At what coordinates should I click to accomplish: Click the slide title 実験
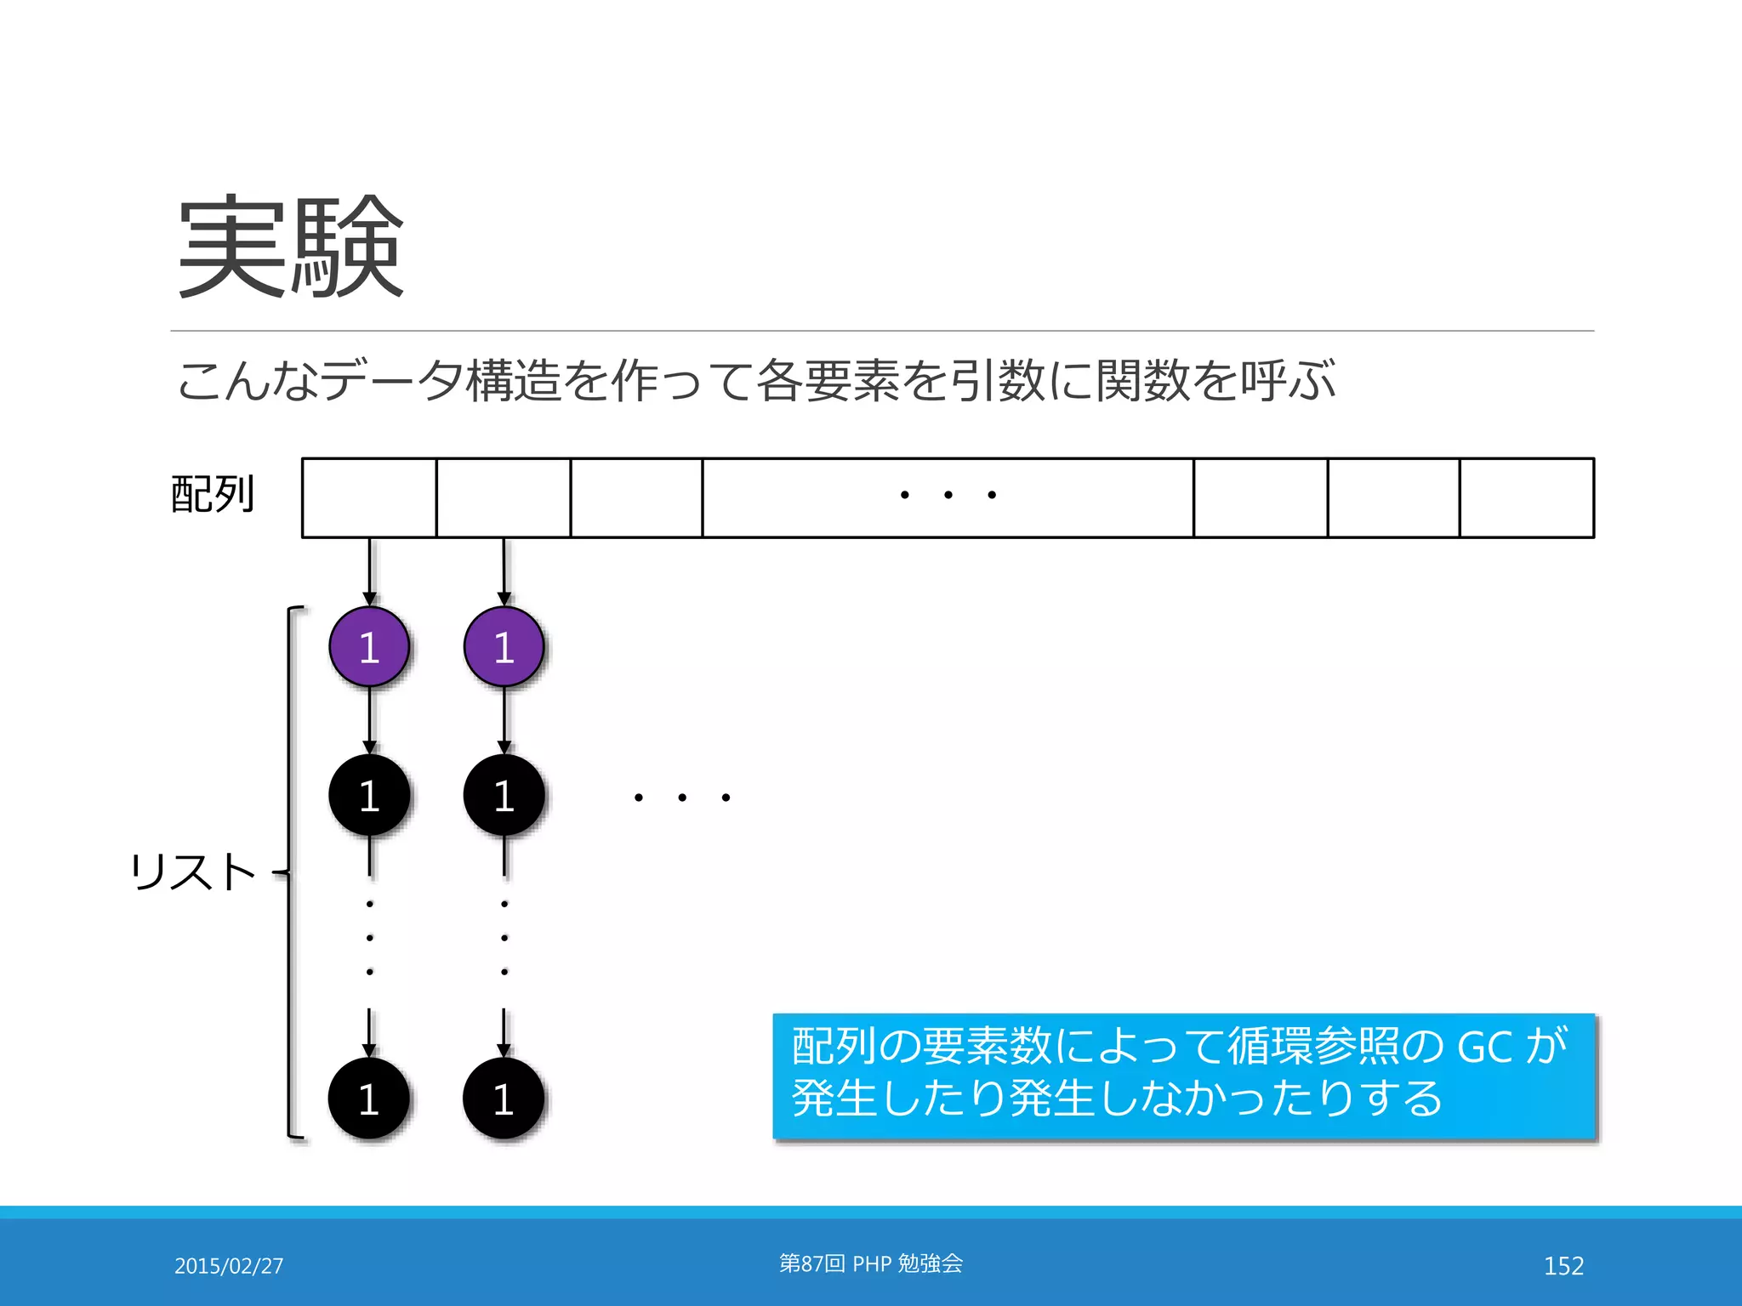click(290, 247)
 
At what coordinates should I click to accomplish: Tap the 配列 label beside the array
click(213, 495)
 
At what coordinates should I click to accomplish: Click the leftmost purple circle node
click(369, 647)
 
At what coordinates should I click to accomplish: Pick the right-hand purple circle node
click(504, 647)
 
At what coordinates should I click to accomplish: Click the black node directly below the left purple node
click(369, 795)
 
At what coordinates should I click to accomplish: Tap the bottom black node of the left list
click(368, 1099)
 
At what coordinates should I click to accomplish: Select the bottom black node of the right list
click(503, 1099)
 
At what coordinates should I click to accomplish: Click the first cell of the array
click(369, 498)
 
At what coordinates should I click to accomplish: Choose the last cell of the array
click(1527, 498)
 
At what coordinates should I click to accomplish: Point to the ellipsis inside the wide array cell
click(948, 495)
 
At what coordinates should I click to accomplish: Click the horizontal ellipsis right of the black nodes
click(681, 798)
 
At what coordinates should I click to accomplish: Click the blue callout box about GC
click(1183, 1076)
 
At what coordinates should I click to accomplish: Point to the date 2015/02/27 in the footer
click(229, 1266)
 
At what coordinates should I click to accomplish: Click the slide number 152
click(1563, 1266)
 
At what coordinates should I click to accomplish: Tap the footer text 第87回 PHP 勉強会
click(871, 1263)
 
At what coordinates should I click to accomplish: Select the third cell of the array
click(636, 498)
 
